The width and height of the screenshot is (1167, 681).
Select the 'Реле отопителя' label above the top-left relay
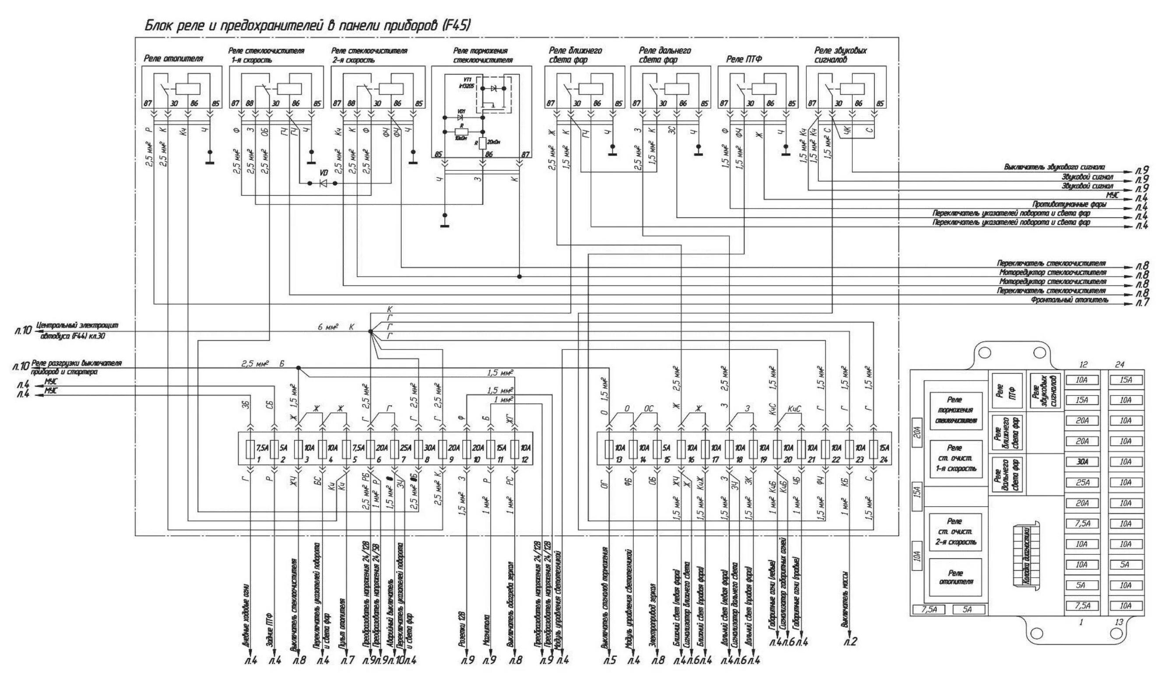(173, 59)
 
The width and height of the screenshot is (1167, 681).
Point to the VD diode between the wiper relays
(323, 183)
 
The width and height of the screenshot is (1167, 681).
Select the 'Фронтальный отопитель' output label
(1070, 300)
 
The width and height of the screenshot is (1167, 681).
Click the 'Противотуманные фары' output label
(1069, 204)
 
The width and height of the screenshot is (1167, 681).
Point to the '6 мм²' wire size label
(328, 327)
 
